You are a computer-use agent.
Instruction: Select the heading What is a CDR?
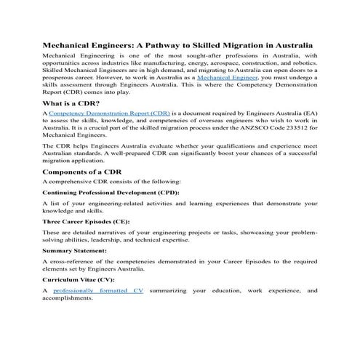click(x=71, y=104)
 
